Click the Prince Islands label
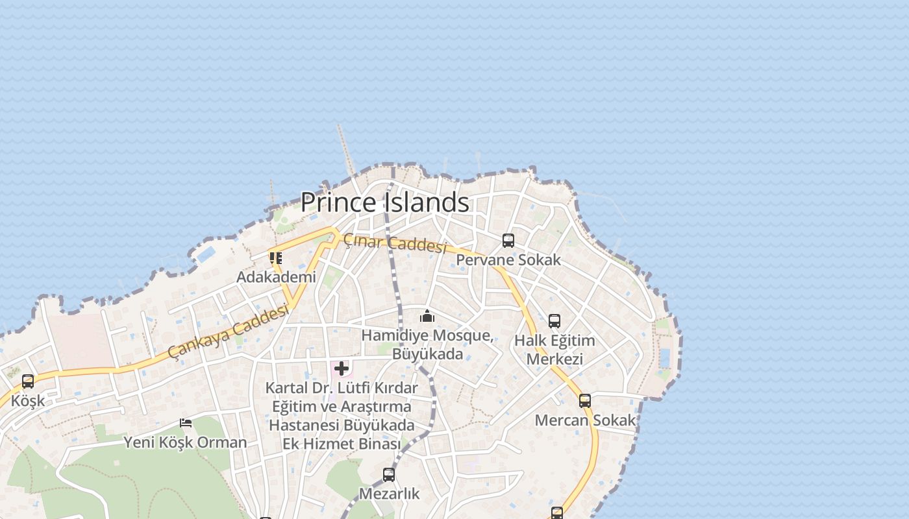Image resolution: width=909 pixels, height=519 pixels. [384, 202]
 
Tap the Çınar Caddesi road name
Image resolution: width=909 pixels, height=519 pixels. [395, 243]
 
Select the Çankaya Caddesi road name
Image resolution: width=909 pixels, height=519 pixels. [228, 332]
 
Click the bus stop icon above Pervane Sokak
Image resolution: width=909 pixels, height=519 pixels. [508, 241]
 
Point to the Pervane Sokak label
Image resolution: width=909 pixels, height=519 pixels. [508, 260]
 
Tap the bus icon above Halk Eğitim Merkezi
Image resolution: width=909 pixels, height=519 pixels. [554, 321]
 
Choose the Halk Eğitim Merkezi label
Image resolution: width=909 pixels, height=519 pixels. [554, 350]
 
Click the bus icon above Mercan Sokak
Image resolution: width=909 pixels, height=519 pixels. [585, 401]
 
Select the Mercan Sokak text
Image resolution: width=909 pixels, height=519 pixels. [585, 420]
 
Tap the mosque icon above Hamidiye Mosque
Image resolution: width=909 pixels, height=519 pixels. [427, 317]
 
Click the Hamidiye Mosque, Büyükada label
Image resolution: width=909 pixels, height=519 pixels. [427, 344]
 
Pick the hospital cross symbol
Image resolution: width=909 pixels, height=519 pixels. [342, 369]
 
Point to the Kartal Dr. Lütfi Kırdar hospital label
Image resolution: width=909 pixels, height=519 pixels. [342, 416]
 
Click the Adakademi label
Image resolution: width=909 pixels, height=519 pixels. [276, 277]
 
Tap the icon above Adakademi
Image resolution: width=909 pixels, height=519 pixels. [276, 258]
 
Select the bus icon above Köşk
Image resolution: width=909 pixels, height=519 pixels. [28, 381]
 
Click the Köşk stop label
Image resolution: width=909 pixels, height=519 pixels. [28, 400]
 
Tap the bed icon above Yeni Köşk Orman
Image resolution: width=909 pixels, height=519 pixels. [186, 423]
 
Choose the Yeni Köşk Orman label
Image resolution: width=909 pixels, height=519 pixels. [186, 442]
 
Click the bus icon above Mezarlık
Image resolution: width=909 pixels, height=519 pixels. [389, 475]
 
